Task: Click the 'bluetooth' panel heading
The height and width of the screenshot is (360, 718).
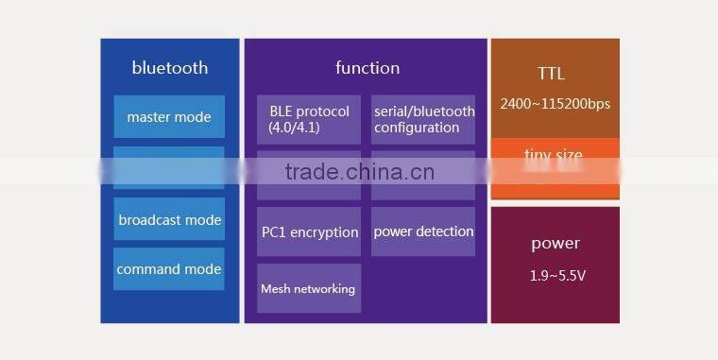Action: pyautogui.click(x=170, y=68)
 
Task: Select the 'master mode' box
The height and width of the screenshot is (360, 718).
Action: pyautogui.click(x=169, y=117)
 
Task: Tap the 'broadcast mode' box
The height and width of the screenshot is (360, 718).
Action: pyautogui.click(x=169, y=220)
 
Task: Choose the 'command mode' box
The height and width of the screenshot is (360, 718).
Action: pyautogui.click(x=169, y=269)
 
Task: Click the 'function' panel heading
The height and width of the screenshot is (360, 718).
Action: pyautogui.click(x=368, y=68)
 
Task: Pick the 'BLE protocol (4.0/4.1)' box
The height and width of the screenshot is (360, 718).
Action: pyautogui.click(x=309, y=119)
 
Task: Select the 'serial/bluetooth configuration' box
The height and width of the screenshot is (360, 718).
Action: pyautogui.click(x=422, y=119)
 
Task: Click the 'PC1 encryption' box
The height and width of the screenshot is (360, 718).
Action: pyautogui.click(x=309, y=231)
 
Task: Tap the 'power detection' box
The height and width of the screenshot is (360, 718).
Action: pyautogui.click(x=422, y=231)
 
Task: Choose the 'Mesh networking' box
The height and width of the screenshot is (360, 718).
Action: pyautogui.click(x=309, y=288)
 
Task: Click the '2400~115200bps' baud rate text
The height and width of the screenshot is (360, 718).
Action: pyautogui.click(x=556, y=104)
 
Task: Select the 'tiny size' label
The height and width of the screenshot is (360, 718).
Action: pyautogui.click(x=554, y=154)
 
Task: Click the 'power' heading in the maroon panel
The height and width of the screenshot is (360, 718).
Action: pyautogui.click(x=556, y=244)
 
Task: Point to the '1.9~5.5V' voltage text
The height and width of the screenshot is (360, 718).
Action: pyautogui.click(x=556, y=276)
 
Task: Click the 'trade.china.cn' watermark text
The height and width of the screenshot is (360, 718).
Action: pyautogui.click(x=359, y=171)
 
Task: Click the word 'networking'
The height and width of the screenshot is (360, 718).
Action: pyautogui.click(x=324, y=289)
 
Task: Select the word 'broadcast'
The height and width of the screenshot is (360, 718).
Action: pyautogui.click(x=149, y=220)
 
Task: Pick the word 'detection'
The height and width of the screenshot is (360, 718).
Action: pyautogui.click(x=443, y=231)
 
